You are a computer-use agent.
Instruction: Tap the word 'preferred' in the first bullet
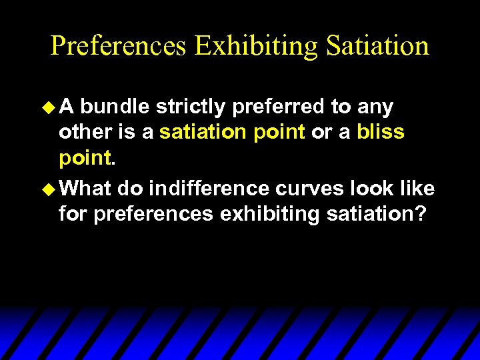coord(275,107)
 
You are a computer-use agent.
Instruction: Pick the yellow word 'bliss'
coord(380,132)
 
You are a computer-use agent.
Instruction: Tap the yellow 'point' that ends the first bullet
coord(85,158)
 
